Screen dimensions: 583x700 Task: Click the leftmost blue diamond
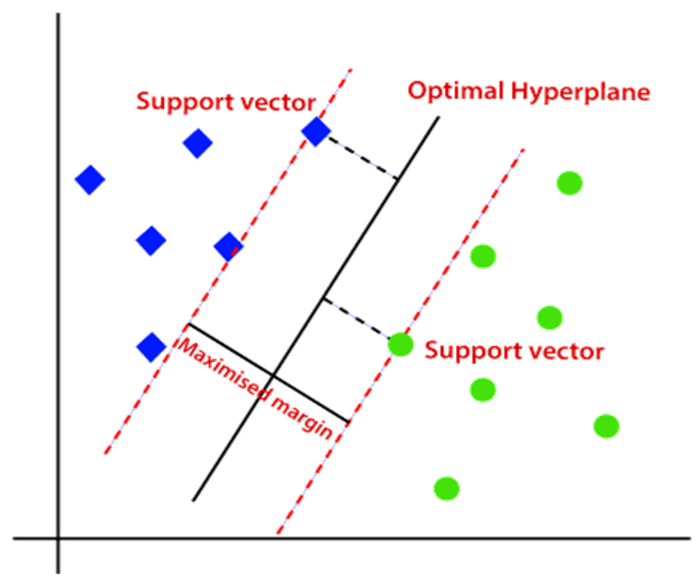90,180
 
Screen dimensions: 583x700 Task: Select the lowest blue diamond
151,347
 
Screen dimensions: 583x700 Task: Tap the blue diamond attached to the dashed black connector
316,132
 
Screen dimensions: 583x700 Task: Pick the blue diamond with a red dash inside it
229,247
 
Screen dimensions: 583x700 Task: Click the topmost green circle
570,183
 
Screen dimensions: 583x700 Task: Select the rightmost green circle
606,426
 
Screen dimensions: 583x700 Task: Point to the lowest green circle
447,489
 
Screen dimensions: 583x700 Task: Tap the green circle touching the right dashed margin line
400,345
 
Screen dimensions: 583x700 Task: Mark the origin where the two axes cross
58,538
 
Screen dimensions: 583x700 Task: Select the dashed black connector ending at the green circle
356,317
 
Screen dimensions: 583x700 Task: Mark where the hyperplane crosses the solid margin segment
273,376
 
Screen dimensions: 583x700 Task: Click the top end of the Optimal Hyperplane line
439,117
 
